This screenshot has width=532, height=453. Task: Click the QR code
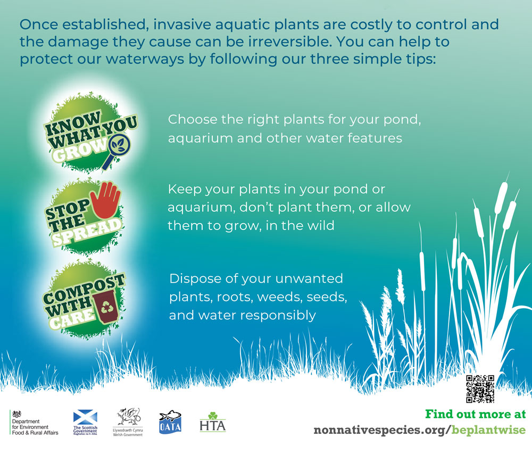click(x=480, y=389)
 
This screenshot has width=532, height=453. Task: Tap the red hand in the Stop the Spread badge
click(x=106, y=200)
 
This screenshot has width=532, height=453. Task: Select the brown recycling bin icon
click(x=106, y=306)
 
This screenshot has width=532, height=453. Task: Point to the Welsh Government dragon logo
click(x=128, y=422)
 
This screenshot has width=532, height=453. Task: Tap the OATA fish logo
click(x=170, y=422)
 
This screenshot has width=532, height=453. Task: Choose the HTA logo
click(x=213, y=422)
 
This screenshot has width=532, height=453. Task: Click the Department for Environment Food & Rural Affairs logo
click(x=34, y=423)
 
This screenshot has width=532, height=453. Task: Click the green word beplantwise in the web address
click(x=488, y=430)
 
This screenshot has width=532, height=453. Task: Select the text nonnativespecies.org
click(x=380, y=430)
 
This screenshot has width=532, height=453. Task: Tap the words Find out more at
click(x=475, y=414)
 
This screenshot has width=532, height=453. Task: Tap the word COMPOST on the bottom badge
click(x=84, y=290)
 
